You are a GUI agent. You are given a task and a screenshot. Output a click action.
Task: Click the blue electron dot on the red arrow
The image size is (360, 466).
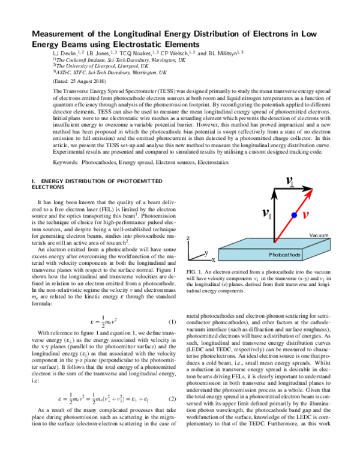(294, 214)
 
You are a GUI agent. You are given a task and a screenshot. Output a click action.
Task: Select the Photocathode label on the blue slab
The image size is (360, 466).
(285, 255)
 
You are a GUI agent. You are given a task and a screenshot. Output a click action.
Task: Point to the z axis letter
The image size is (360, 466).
(189, 238)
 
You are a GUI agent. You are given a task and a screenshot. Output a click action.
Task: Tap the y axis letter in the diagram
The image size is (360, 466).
(206, 253)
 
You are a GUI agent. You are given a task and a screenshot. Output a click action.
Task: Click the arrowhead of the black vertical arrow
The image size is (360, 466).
(275, 192)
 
